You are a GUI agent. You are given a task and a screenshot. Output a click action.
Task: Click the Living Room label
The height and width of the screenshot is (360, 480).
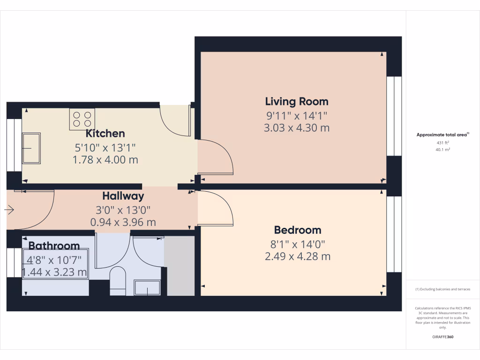[297, 101]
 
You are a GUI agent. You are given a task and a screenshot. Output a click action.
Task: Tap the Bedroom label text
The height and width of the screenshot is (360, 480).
[298, 230]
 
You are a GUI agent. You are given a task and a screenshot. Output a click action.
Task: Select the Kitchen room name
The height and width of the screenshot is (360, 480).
[105, 134]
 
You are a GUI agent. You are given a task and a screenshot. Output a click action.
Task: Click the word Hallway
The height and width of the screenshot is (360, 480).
[123, 196]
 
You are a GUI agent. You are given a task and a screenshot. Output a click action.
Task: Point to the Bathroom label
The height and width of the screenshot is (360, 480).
[54, 246]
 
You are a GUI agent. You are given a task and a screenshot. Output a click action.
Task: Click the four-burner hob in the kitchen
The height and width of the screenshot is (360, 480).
[82, 119]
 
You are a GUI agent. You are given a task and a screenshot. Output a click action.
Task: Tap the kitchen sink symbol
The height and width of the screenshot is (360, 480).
[31, 148]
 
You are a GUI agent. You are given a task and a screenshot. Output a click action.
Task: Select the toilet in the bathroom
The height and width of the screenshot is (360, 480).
[118, 281]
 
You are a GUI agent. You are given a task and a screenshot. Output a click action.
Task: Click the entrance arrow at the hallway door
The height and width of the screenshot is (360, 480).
[9, 210]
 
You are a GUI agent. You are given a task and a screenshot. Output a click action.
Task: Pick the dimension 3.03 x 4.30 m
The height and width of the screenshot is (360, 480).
[297, 128]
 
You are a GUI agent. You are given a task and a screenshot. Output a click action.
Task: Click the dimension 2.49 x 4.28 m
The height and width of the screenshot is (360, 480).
[298, 256]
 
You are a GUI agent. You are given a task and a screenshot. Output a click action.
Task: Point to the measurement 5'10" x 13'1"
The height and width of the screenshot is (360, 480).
[105, 147]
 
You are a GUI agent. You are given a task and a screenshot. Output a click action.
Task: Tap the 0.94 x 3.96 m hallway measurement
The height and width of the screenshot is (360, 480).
[123, 222]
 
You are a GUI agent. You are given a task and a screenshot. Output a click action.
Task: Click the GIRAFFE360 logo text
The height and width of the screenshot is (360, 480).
[443, 337]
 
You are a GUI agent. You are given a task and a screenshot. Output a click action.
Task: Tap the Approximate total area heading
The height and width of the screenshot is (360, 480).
[442, 135]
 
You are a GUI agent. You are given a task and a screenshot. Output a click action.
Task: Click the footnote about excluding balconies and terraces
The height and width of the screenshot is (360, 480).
[443, 289]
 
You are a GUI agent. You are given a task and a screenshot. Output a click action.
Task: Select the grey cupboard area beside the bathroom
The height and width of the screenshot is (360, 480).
[180, 266]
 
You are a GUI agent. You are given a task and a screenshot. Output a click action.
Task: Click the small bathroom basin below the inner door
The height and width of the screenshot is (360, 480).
[147, 288]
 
